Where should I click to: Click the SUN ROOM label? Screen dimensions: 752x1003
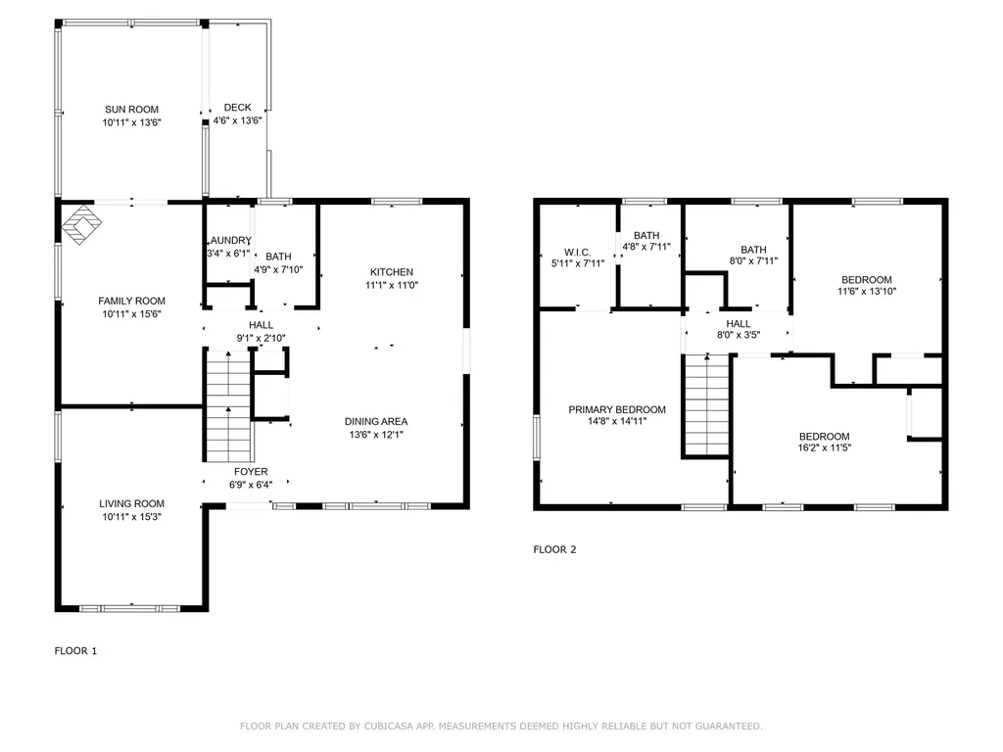click(x=131, y=110)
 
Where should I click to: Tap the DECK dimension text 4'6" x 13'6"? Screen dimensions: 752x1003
click(x=237, y=121)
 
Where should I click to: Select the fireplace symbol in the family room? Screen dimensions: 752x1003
click(x=81, y=223)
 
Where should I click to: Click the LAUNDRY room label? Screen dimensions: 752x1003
click(x=228, y=241)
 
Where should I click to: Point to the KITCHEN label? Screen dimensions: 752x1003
click(x=391, y=272)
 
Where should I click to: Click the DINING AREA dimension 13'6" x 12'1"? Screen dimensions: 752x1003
click(x=376, y=435)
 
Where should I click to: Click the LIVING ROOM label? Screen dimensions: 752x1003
click(x=131, y=504)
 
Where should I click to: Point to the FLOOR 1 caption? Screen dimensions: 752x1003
click(x=75, y=650)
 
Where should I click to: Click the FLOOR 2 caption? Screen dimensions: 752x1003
click(x=554, y=549)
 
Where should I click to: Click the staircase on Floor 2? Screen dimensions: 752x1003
click(x=707, y=405)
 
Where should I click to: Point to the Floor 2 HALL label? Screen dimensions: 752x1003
click(x=739, y=324)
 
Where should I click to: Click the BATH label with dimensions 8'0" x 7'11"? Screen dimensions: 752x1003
click(x=753, y=250)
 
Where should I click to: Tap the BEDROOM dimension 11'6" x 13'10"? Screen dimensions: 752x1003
click(x=867, y=291)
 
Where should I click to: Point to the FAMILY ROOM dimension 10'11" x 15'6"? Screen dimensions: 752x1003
click(x=131, y=314)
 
